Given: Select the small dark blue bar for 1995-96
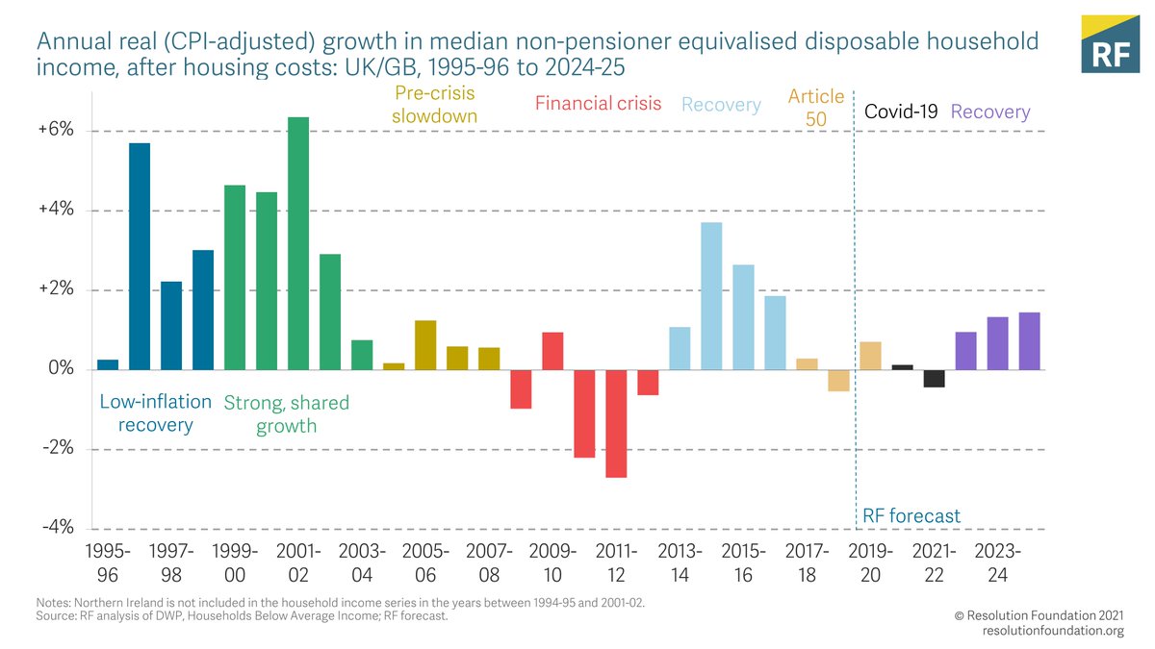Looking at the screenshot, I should pos(108,364).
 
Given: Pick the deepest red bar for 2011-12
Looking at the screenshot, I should pos(616,423).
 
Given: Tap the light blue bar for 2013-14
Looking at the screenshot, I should pos(680,348).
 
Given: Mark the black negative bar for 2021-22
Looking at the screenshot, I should pos(934,378).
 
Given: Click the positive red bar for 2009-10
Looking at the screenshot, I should pos(552,351).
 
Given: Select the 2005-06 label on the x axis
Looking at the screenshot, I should pos(425,562).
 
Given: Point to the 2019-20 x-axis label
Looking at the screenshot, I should pos(870,562).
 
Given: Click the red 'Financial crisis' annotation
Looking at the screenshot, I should pos(598,104).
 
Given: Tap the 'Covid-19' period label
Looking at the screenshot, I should pos(901,112).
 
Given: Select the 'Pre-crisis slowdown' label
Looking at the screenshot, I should pos(436,105).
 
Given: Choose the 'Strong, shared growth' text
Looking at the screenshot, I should pos(286,413).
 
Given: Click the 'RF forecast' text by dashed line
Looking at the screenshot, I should pos(910,516).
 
